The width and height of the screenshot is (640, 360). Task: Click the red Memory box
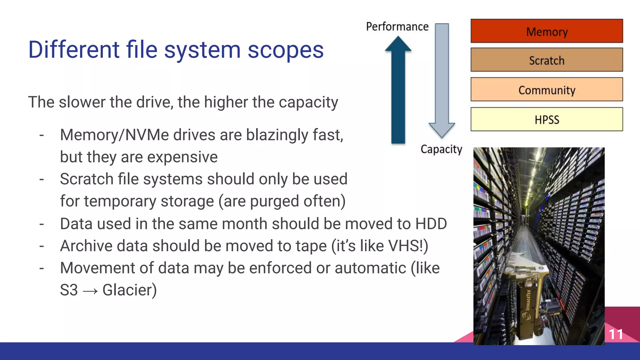(x=547, y=31)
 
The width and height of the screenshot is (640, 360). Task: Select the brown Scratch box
(x=547, y=60)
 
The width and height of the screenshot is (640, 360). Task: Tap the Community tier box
(x=547, y=89)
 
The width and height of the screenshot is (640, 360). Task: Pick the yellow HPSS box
(x=547, y=119)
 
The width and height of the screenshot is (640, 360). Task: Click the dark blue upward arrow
(x=398, y=94)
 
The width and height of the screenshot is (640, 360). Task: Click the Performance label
(x=397, y=27)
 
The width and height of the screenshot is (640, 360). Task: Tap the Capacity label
(x=441, y=149)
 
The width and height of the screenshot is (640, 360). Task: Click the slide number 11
(x=616, y=334)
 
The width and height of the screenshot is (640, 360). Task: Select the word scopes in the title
(x=286, y=50)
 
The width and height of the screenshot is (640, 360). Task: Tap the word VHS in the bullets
(x=405, y=246)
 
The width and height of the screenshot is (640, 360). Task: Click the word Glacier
(x=129, y=290)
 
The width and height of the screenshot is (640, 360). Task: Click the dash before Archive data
(x=42, y=246)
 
